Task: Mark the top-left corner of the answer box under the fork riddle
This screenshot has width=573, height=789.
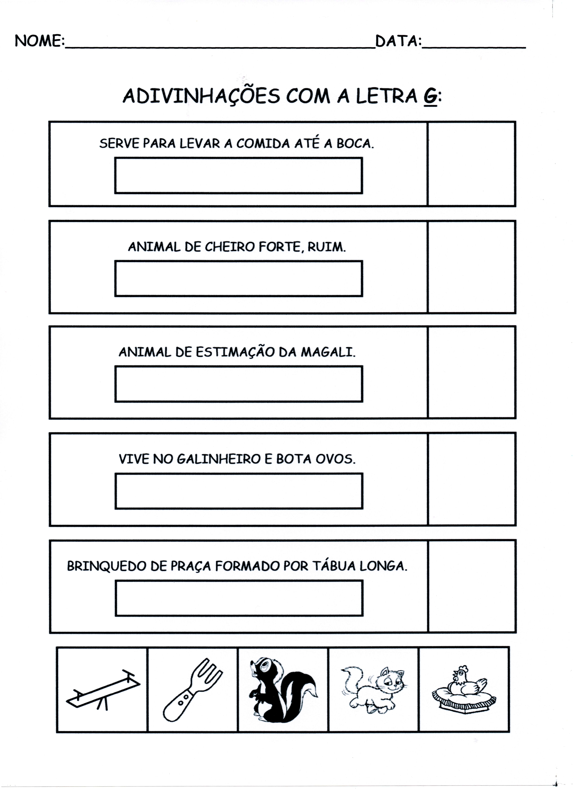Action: coord(115,158)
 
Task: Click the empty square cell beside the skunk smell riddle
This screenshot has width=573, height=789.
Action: coord(472,267)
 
